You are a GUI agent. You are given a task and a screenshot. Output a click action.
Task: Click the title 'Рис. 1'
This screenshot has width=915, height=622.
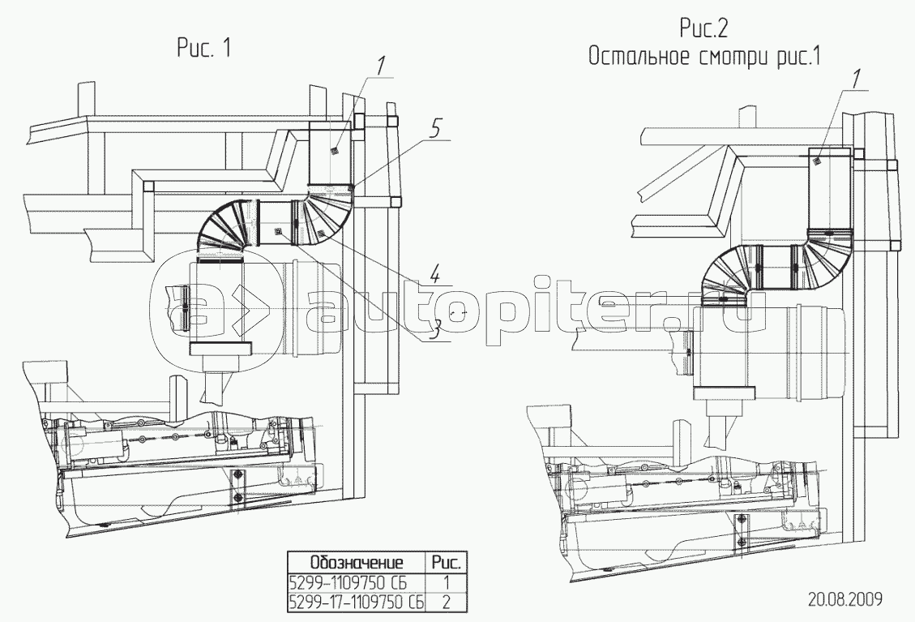coord(203,48)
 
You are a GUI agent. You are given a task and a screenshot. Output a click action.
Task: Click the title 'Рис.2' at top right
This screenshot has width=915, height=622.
coord(703,28)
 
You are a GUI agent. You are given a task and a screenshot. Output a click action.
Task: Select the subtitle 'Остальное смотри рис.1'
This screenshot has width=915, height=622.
coord(704,58)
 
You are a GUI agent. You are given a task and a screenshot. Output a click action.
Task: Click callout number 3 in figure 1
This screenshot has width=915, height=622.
coord(433,328)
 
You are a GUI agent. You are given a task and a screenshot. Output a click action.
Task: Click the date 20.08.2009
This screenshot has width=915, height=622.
coord(845,599)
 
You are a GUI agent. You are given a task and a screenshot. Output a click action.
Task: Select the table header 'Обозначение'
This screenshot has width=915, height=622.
coord(357,563)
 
